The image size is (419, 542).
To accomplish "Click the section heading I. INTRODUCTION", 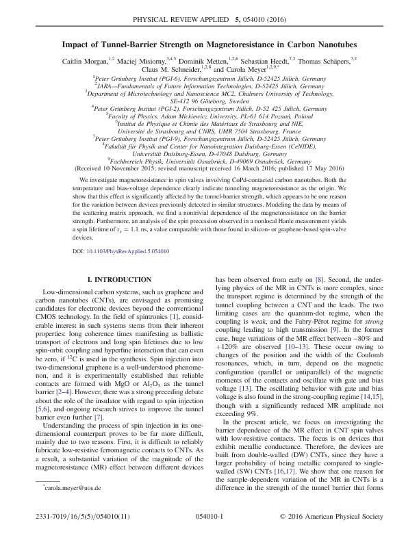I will [x=116, y=279].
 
